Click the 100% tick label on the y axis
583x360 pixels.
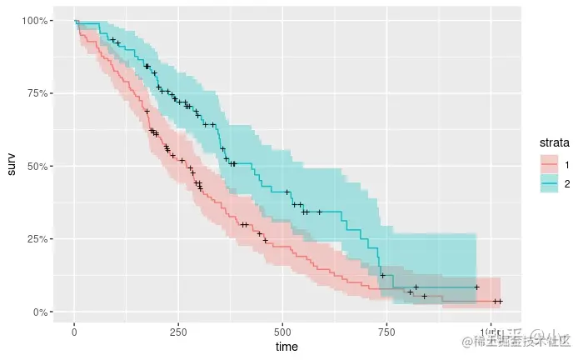tap(39, 20)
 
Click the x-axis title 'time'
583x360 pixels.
tap(287, 346)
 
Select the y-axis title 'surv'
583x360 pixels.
tap(11, 166)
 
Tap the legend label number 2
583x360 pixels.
tap(566, 184)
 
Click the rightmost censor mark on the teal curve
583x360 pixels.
tap(476, 287)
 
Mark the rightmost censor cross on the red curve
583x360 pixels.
tap(501, 301)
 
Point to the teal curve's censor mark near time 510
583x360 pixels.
tap(287, 192)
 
